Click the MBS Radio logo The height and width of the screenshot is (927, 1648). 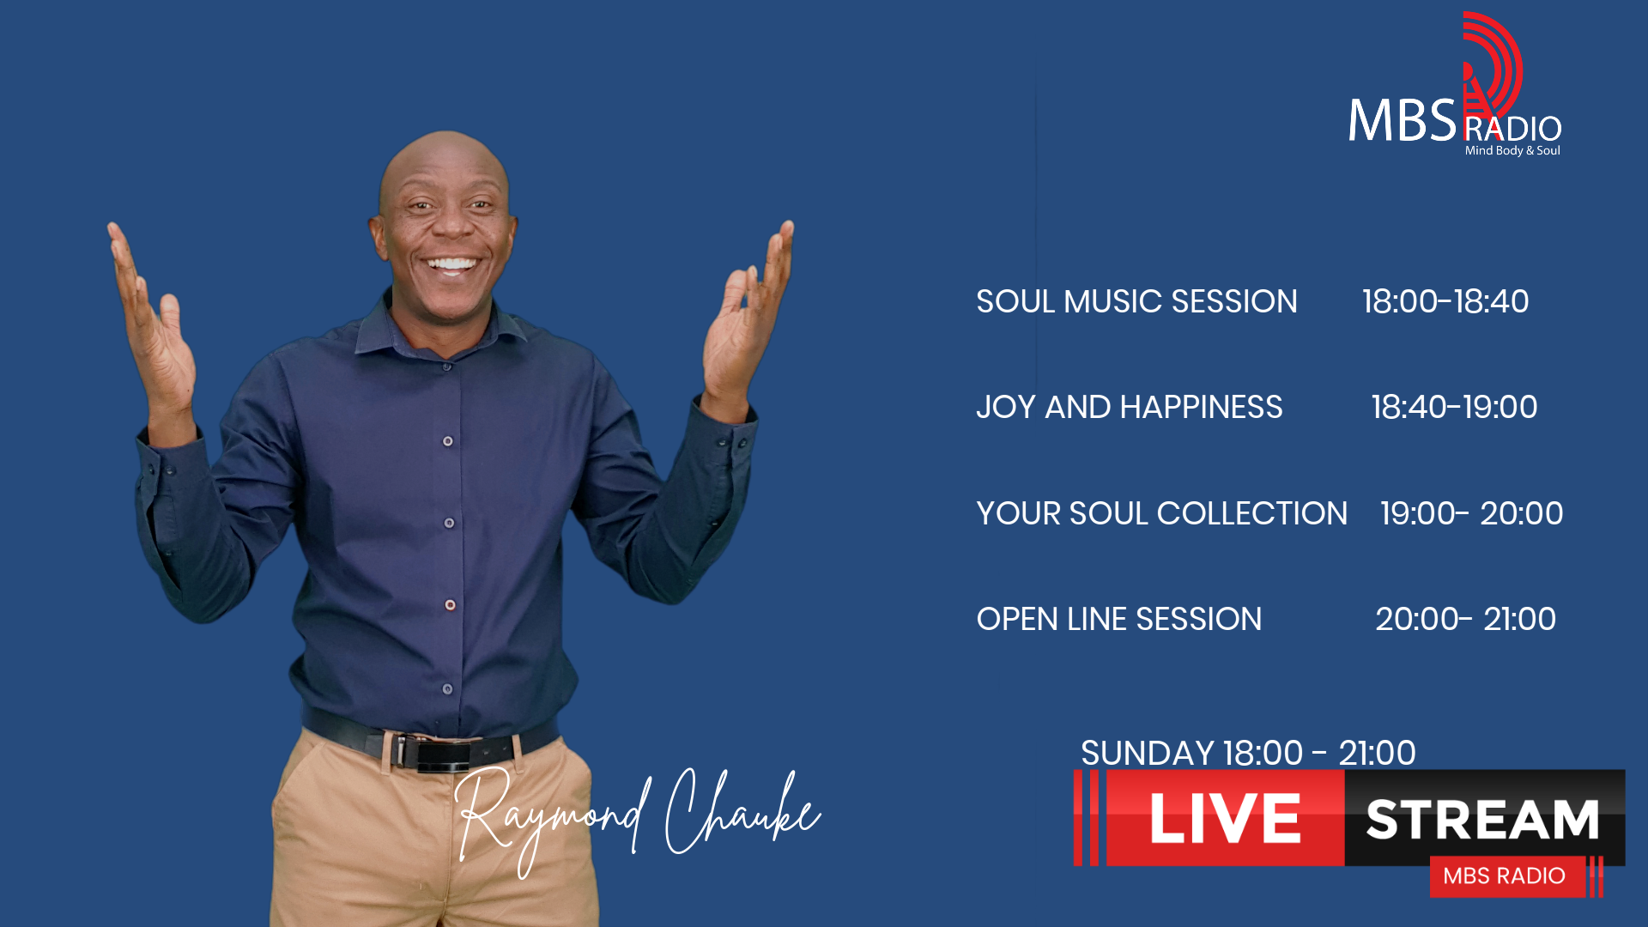click(1455, 86)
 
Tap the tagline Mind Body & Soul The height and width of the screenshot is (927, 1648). click(1512, 150)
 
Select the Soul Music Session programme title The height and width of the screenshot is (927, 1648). click(1136, 302)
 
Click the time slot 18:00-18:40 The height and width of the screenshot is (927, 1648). click(1445, 302)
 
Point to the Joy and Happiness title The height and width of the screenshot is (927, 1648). click(1130, 408)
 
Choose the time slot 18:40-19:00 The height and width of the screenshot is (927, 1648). click(1454, 408)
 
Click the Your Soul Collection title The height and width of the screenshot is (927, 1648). click(1162, 513)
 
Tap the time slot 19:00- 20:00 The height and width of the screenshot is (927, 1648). click(1472, 513)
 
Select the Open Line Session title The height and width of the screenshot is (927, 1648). click(1119, 619)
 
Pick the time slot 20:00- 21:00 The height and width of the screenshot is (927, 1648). click(1466, 619)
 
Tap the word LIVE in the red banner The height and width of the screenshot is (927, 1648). click(1225, 819)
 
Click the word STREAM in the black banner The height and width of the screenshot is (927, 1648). click(1482, 820)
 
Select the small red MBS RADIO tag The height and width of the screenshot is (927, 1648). click(1505, 876)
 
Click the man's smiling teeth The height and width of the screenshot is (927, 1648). click(451, 264)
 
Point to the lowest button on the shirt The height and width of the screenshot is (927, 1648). click(447, 689)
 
